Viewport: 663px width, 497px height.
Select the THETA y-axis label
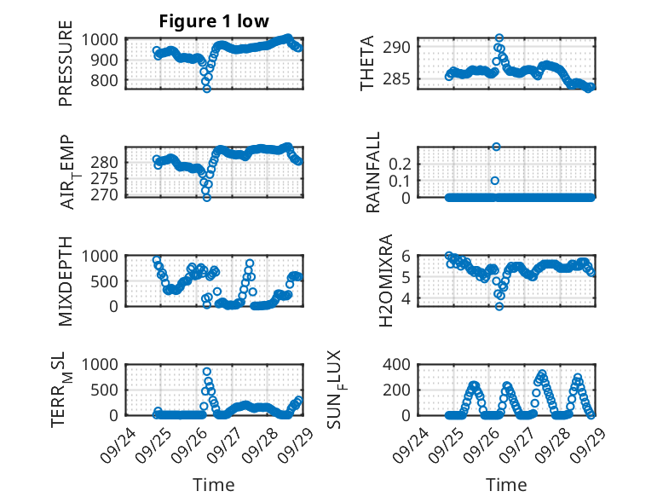click(367, 64)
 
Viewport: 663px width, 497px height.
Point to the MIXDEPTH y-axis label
click(66, 281)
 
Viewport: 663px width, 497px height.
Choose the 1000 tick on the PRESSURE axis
click(104, 39)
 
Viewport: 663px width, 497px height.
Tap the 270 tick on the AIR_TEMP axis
click(107, 195)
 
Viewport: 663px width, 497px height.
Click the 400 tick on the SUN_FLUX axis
click(402, 364)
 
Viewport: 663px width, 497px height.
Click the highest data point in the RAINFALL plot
click(496, 147)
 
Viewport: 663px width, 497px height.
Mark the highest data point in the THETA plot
click(499, 38)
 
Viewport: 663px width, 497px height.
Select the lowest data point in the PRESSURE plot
click(206, 88)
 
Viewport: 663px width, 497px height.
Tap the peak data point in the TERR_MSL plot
click(207, 372)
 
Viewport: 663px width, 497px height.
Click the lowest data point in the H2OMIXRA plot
click(499, 306)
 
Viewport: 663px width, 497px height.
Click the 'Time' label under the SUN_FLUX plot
click(506, 485)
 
